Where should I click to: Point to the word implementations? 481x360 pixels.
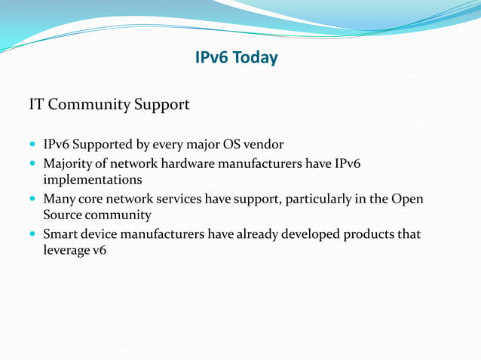tap(92, 181)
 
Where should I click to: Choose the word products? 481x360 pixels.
tap(368, 235)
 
